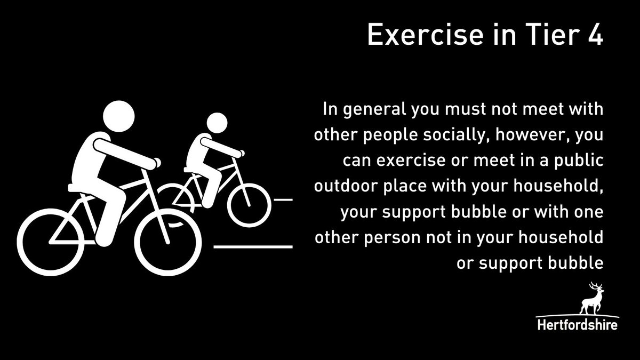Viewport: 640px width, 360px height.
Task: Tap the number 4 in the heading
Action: pyautogui.click(x=595, y=36)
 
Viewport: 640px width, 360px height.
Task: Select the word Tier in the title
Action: pyautogui.click(x=546, y=36)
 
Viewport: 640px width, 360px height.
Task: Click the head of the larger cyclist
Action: pyautogui.click(x=118, y=115)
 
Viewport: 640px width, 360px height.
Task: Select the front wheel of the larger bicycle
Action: pyautogui.click(x=168, y=242)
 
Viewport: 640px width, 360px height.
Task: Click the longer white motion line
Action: pyautogui.click(x=253, y=247)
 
